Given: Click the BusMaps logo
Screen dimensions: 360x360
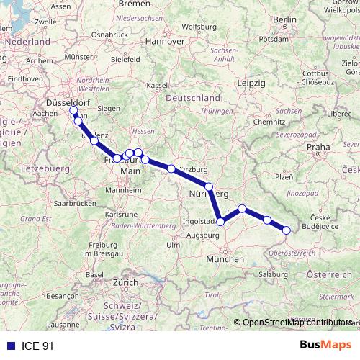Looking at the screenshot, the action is click(x=325, y=346).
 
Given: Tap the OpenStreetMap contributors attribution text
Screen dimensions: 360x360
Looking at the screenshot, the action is click(x=296, y=323).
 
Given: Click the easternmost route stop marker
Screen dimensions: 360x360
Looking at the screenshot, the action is click(x=287, y=230).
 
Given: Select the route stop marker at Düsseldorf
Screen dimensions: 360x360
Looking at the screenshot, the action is click(x=73, y=110).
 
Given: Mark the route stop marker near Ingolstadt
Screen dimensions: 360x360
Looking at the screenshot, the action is click(x=221, y=222).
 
